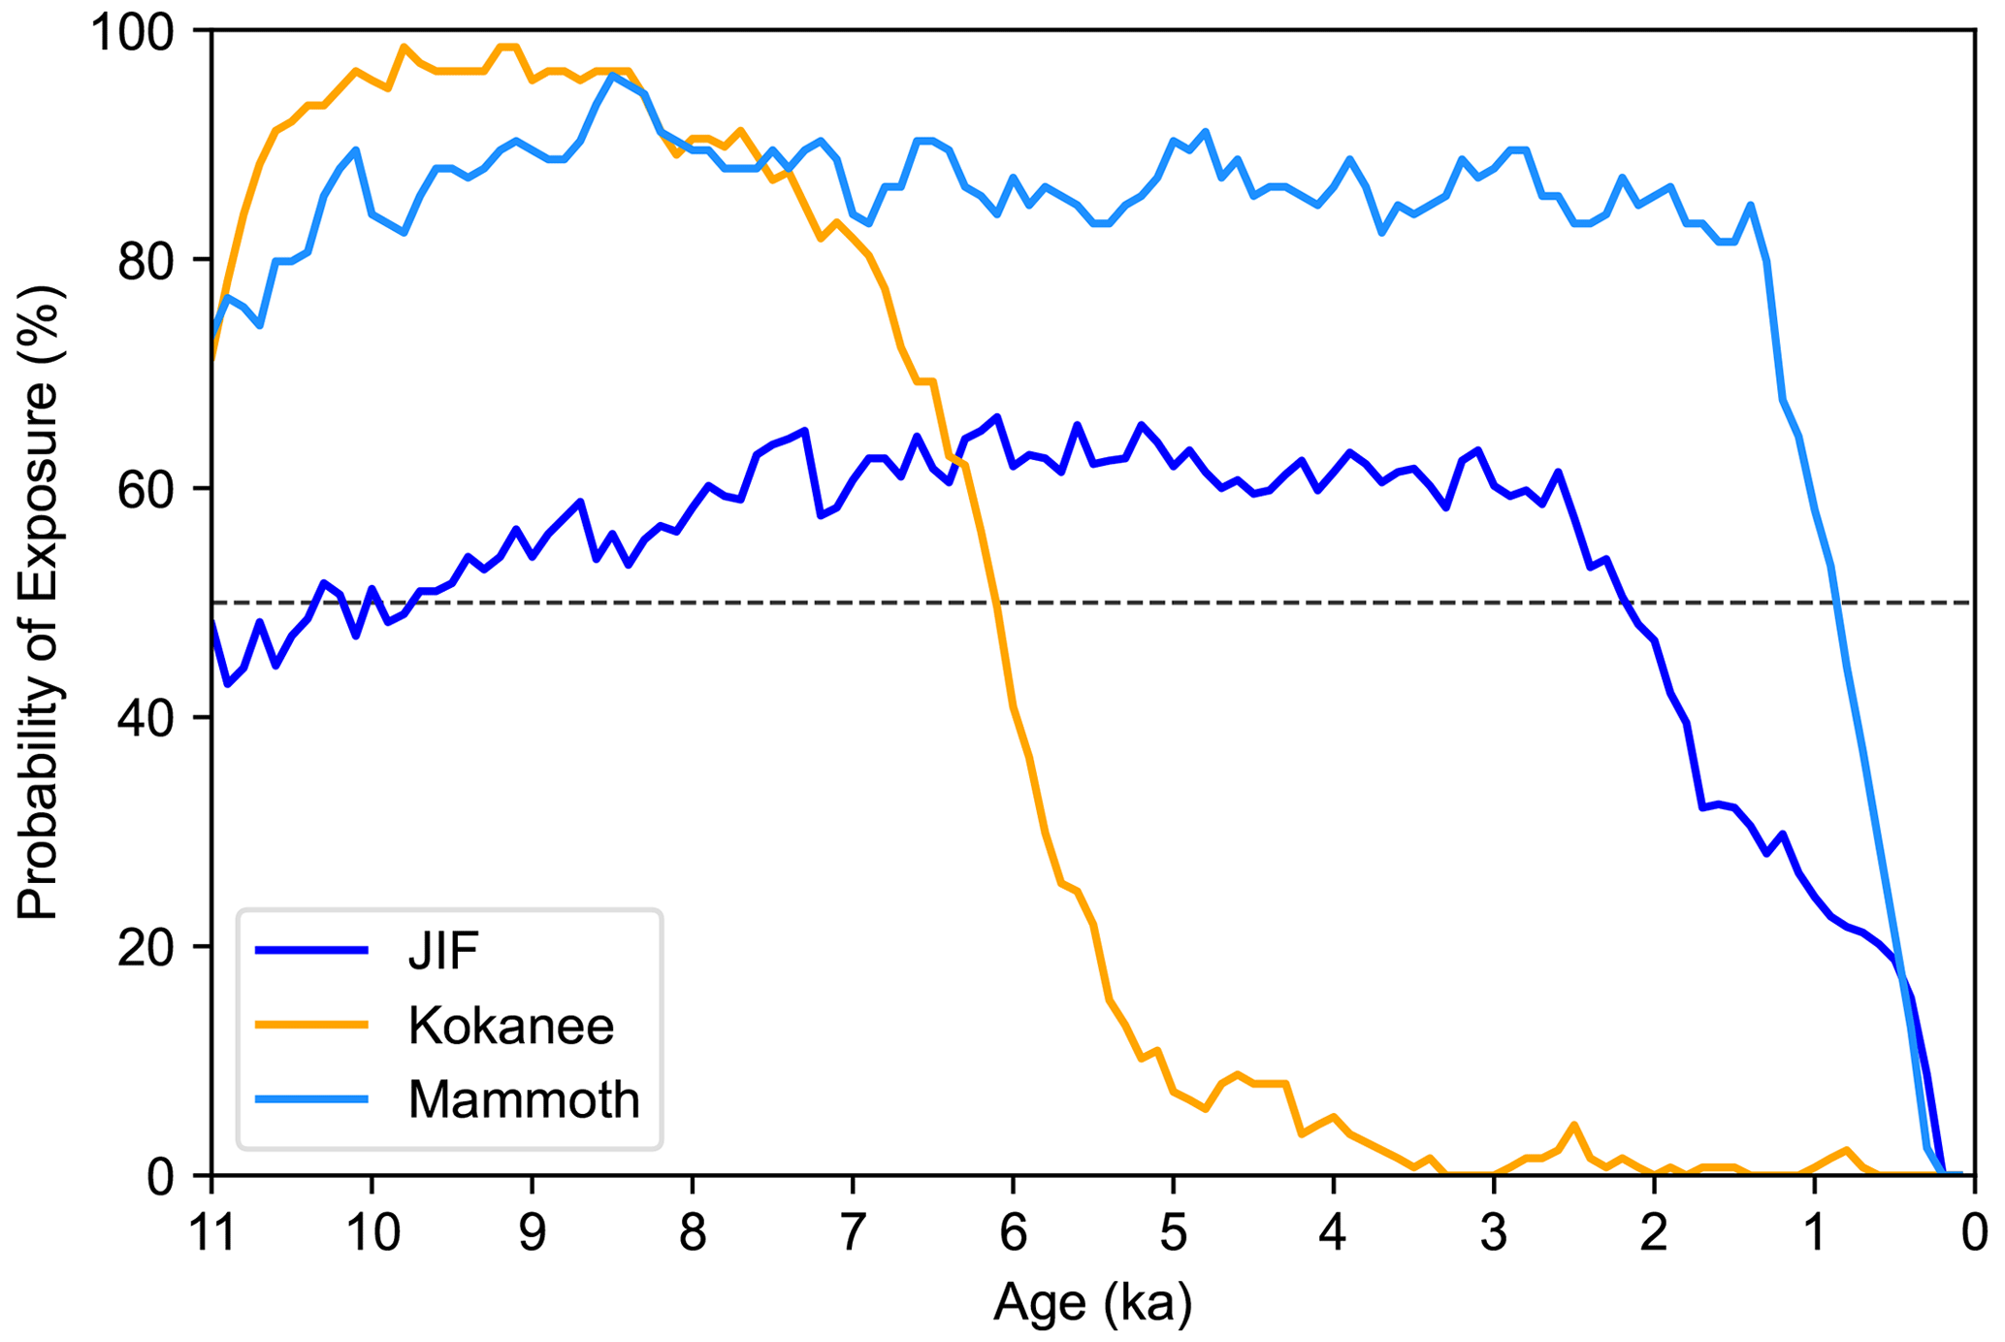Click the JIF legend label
pyautogui.click(x=443, y=951)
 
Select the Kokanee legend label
pyautogui.click(x=511, y=1026)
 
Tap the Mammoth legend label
pyautogui.click(x=524, y=1099)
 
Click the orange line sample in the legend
pyautogui.click(x=311, y=1026)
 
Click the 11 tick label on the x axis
pyautogui.click(x=211, y=1234)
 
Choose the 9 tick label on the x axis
pyautogui.click(x=532, y=1234)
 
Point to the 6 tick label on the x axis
pyautogui.click(x=1013, y=1234)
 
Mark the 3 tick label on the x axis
pyautogui.click(x=1494, y=1234)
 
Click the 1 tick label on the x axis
pyautogui.click(x=1814, y=1234)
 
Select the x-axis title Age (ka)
pyautogui.click(x=1092, y=1303)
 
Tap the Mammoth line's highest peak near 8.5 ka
pyautogui.click(x=612, y=75)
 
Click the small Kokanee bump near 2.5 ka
pyautogui.click(x=1573, y=1125)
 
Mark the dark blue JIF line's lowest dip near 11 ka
pyautogui.click(x=227, y=684)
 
